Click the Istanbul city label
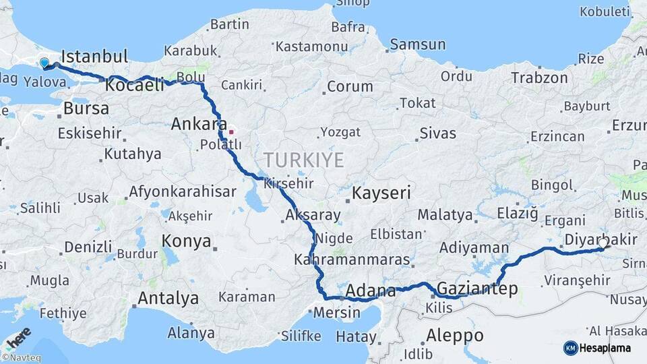tap(94, 56)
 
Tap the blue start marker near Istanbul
tap(44, 63)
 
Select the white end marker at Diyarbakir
tap(603, 243)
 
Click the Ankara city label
tap(199, 124)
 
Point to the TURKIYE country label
tap(303, 160)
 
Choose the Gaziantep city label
tap(477, 289)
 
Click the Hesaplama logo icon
tap(570, 347)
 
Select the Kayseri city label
tap(381, 193)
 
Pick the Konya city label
tap(186, 241)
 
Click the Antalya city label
tap(168, 298)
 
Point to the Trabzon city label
tap(539, 78)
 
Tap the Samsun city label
tap(418, 45)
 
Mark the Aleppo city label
tap(455, 335)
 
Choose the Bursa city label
tap(86, 109)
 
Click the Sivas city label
tap(437, 133)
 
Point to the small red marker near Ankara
tap(231, 131)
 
